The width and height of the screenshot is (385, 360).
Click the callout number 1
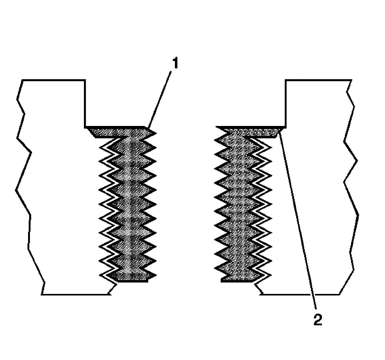click(x=175, y=64)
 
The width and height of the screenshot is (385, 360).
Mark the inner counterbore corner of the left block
click(x=85, y=127)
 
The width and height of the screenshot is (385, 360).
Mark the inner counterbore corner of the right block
click(x=286, y=127)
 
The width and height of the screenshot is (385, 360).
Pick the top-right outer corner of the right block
click(x=351, y=81)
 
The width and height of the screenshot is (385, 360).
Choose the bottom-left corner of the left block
click(x=42, y=295)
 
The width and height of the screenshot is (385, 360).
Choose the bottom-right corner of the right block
click(x=339, y=295)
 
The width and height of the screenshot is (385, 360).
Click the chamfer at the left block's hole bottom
click(x=113, y=289)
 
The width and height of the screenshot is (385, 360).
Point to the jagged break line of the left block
click(x=23, y=185)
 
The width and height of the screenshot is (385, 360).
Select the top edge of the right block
click(x=318, y=81)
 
